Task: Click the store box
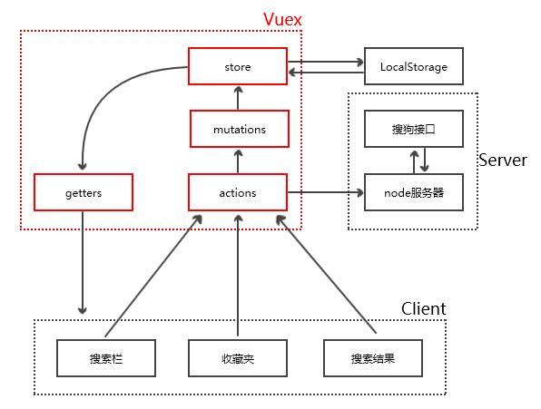coord(238,66)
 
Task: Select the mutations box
coord(240,129)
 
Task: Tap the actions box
coord(238,192)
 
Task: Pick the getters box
coord(84,192)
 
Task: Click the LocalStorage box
coord(413,66)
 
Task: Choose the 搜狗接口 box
coord(413,129)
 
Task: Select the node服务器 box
coord(413,192)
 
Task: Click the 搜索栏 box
coord(106,358)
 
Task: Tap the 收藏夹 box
coord(238,358)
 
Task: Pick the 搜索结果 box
coord(373,358)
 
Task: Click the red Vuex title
coord(282,19)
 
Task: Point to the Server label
coord(502,160)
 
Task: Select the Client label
coord(423,308)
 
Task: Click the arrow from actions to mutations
coord(238,161)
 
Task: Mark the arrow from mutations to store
coord(238,97)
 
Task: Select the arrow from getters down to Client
coord(83,263)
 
